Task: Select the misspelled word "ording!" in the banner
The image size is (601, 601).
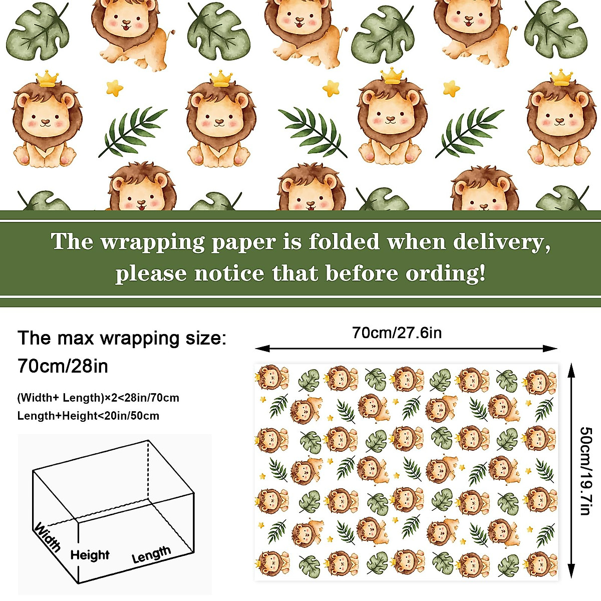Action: (445, 273)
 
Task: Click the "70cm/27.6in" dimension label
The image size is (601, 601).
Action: (397, 333)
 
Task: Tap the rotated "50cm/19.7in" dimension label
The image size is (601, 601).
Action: (585, 471)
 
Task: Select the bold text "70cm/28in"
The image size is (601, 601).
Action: (63, 366)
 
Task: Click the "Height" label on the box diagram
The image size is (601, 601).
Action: (90, 555)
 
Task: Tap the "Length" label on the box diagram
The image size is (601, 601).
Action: (151, 554)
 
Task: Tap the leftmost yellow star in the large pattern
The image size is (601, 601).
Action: (115, 89)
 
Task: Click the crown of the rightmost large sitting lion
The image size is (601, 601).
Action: (561, 78)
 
